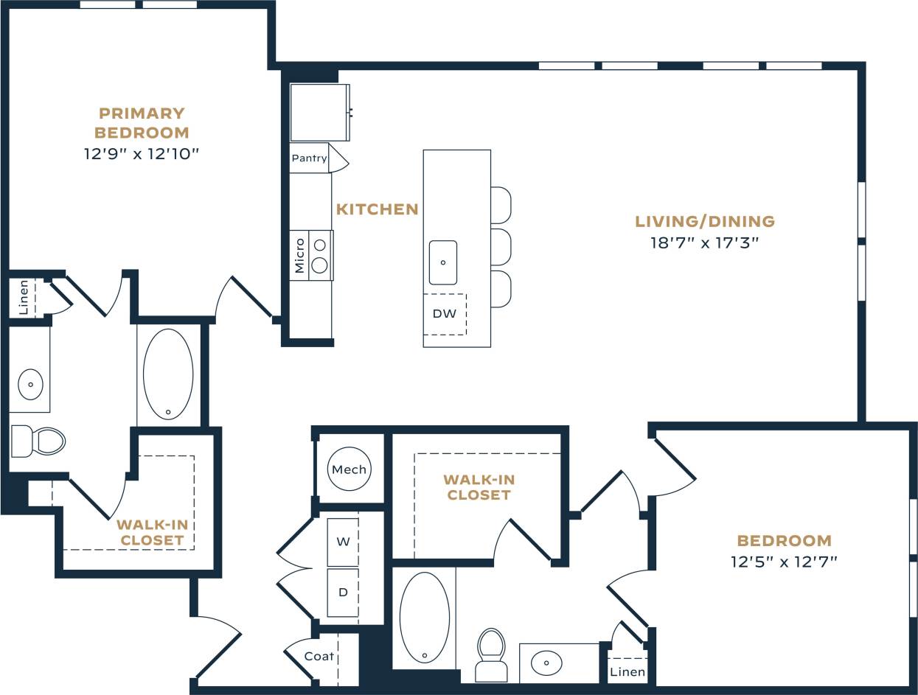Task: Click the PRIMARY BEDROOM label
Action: (x=142, y=123)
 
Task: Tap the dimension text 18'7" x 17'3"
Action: (x=704, y=242)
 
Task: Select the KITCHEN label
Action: (x=377, y=209)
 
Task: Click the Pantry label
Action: (x=309, y=158)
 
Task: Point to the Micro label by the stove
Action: (x=299, y=255)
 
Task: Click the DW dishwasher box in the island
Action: (x=445, y=314)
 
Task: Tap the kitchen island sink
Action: (x=443, y=262)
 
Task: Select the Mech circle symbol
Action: (x=349, y=469)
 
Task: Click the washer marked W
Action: (x=343, y=542)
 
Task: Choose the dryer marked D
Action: (x=343, y=593)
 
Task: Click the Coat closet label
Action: (x=319, y=656)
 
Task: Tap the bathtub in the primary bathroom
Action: (x=168, y=374)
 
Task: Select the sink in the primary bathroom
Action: (x=30, y=384)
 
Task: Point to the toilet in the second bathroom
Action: (x=491, y=654)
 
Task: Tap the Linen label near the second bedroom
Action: (x=627, y=671)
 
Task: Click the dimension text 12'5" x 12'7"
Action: (x=784, y=562)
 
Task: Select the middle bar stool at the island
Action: (x=501, y=247)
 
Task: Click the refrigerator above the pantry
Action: (x=319, y=112)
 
